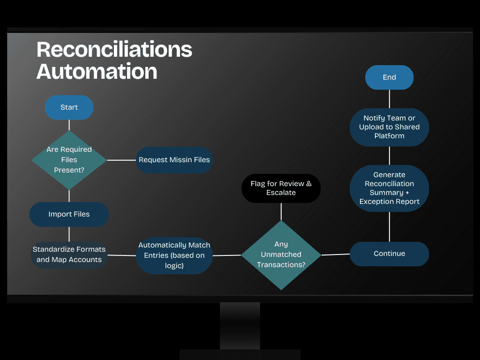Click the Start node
[69, 107]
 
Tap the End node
[390, 77]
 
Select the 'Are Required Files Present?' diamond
[69, 160]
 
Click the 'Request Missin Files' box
[174, 160]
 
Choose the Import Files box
[69, 214]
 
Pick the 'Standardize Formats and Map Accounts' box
[69, 255]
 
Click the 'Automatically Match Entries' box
[174, 255]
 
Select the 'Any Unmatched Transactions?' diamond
[281, 255]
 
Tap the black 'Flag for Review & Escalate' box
[281, 188]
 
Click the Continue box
[390, 254]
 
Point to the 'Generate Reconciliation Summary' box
[390, 188]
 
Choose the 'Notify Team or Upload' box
[390, 127]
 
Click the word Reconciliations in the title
[114, 49]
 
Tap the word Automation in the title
[97, 71]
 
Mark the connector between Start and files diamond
[69, 125]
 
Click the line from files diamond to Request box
[121, 160]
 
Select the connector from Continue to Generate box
[390, 227]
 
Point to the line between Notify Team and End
[390, 99]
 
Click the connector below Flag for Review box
[281, 212]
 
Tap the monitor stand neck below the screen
[240, 326]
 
